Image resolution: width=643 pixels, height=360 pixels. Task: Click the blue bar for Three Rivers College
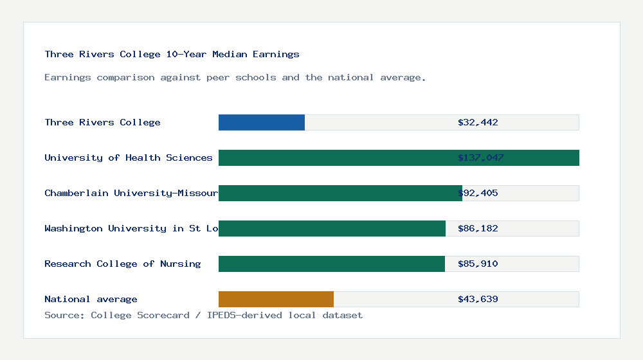click(x=262, y=122)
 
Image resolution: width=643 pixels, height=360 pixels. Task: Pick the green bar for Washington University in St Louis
click(x=332, y=228)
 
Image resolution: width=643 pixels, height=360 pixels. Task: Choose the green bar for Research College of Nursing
click(x=332, y=264)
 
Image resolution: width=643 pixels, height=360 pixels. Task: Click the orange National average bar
click(x=276, y=299)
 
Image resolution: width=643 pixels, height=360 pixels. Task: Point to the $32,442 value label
click(x=478, y=122)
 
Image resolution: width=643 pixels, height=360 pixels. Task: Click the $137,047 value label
click(x=480, y=157)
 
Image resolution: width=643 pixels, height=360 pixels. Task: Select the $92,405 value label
click(x=478, y=193)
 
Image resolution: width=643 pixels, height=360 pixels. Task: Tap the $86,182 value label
click(x=478, y=228)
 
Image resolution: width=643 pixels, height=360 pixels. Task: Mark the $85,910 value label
click(x=478, y=264)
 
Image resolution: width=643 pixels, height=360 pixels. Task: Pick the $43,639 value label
click(x=478, y=299)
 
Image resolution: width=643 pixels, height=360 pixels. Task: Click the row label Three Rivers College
click(x=102, y=122)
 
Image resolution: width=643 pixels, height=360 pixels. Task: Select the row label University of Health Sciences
click(x=128, y=157)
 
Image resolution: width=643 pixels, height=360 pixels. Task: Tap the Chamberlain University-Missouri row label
click(x=131, y=193)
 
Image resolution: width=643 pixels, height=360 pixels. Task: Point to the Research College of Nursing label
click(x=122, y=264)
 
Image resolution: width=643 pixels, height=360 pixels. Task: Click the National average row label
click(x=91, y=299)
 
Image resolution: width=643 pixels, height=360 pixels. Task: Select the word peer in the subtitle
click(x=218, y=77)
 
